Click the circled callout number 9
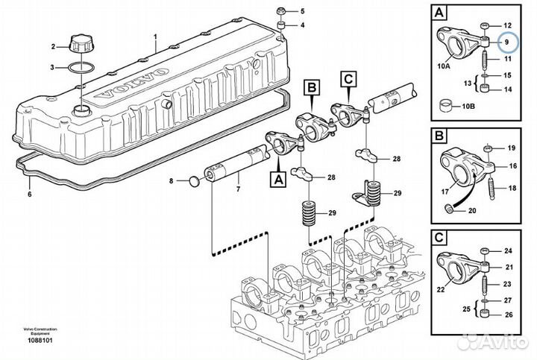pos(507,42)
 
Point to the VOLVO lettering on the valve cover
pos(133,83)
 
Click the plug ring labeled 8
pos(194,181)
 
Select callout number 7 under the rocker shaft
pos(239,189)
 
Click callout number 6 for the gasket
pos(29,195)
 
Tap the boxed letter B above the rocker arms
pos(312,88)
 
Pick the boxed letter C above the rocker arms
pos(348,79)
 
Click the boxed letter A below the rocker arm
pos(278,179)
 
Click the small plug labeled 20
pos(448,208)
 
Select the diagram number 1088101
pos(40,341)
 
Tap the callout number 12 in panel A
pos(507,25)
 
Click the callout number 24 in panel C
pos(508,251)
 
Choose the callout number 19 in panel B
pos(511,148)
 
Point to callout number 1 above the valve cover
pos(155,36)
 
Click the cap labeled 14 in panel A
pos(486,88)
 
